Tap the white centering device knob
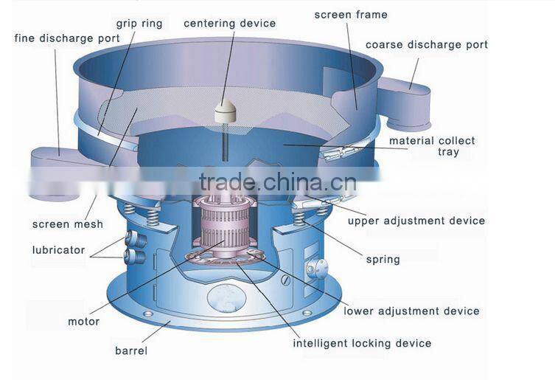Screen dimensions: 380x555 tap(224, 111)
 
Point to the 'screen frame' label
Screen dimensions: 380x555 tap(350, 15)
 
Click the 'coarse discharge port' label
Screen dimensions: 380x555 tap(427, 45)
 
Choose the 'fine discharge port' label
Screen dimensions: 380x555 tap(67, 38)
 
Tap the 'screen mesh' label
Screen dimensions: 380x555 tap(68, 224)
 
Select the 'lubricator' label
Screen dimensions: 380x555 tap(58, 249)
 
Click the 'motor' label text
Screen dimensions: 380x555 tap(83, 322)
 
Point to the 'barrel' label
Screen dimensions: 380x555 tap(131, 350)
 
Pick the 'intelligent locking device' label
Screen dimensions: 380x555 tap(362, 343)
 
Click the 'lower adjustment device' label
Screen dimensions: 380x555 tap(411, 311)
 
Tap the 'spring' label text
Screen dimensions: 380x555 tap(383, 259)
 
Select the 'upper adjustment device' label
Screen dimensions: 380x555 tap(416, 221)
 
